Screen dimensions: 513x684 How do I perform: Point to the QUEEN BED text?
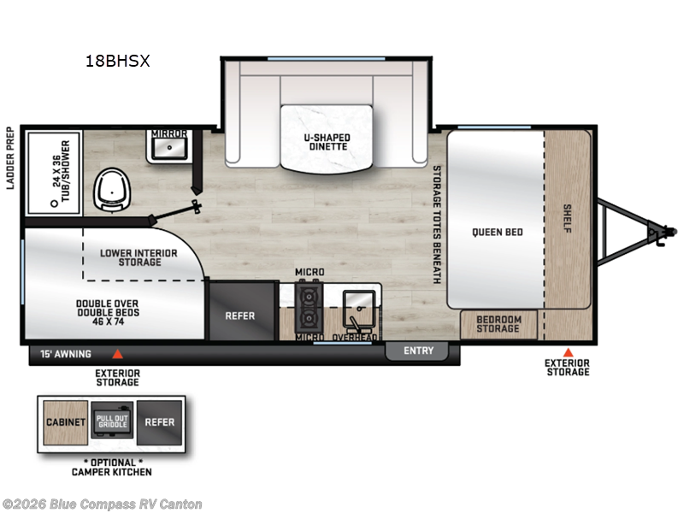[497, 232]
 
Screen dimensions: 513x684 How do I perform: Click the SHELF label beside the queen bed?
[568, 220]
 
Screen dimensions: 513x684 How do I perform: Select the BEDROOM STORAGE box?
[498, 324]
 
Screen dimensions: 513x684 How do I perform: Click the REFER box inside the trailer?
[239, 315]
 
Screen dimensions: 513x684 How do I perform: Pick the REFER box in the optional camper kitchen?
[160, 422]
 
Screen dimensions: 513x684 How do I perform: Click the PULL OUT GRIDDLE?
[112, 422]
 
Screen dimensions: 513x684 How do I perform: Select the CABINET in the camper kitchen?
[65, 422]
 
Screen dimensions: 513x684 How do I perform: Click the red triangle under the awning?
[118, 352]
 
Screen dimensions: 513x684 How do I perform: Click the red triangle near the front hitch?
[568, 352]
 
